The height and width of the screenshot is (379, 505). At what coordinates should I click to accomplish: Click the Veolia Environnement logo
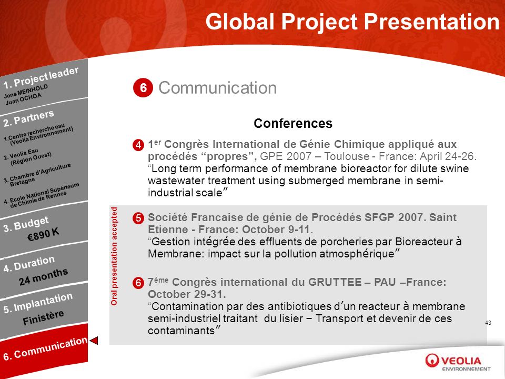point(458,362)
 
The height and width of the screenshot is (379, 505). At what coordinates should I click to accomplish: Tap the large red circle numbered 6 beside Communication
point(143,87)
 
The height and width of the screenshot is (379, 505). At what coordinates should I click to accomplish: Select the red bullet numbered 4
point(138,145)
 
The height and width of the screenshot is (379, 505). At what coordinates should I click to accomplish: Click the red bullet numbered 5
point(138,218)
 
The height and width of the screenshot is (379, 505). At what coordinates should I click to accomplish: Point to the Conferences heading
point(293,123)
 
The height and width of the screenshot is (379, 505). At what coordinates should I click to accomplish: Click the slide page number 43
point(488,323)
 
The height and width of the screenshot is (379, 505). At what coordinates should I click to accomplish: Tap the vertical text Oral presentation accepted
point(114,256)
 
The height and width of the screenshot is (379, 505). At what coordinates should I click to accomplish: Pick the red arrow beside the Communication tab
point(94,341)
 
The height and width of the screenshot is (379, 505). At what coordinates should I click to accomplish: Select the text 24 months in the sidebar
point(43,276)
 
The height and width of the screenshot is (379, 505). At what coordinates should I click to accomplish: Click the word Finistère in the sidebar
point(43,317)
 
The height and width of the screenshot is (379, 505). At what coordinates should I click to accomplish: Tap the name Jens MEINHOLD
point(26,91)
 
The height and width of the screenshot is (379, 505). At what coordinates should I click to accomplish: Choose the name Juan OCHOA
point(23,99)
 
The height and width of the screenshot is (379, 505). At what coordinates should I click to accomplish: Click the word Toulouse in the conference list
point(347,156)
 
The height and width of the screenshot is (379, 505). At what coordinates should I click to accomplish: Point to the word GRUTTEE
point(335,282)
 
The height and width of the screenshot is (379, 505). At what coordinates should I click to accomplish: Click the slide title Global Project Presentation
point(352,22)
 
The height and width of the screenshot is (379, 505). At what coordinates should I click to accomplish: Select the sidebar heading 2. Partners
point(28,118)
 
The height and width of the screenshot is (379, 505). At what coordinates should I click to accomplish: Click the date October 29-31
point(187,294)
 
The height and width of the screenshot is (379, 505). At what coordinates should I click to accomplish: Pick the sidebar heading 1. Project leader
point(41,77)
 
